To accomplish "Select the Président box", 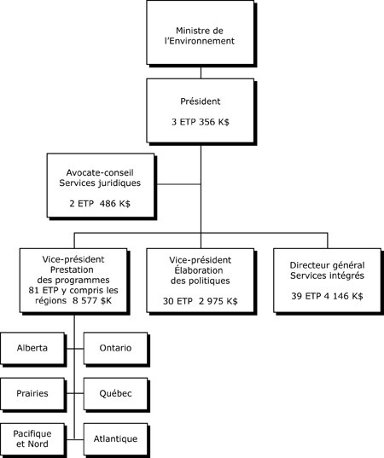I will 201,111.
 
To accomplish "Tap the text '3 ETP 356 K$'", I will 201,123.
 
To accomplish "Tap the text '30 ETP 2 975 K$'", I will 201,301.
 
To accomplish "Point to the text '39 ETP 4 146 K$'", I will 325,295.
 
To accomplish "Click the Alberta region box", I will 32,349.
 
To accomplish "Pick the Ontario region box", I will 115,349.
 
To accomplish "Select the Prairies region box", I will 32,394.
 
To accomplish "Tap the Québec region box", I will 115,394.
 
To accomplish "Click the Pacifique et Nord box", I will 32,438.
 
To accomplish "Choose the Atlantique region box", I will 115,438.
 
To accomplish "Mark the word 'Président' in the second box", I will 201,101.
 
